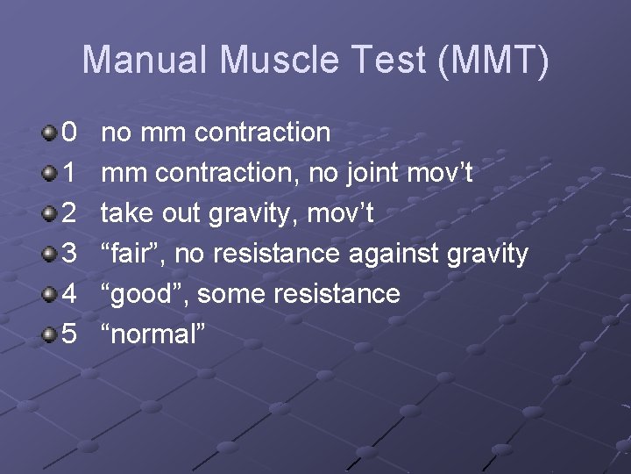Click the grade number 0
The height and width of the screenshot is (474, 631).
[x=70, y=133]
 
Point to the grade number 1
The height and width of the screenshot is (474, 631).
[x=70, y=173]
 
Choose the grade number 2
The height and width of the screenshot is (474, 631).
[x=70, y=213]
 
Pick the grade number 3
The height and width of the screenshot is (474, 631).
[x=70, y=254]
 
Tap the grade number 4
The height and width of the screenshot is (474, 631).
[x=70, y=294]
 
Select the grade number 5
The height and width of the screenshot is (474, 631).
[x=70, y=334]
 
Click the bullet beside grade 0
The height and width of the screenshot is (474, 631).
[x=47, y=133]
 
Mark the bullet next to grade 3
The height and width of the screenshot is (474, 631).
[x=47, y=255]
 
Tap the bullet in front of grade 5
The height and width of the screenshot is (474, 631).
[x=47, y=335]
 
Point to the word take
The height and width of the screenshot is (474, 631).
[x=129, y=213]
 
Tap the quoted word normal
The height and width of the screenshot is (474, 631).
[x=152, y=334]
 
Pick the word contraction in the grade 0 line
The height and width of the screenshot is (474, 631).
[x=262, y=133]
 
